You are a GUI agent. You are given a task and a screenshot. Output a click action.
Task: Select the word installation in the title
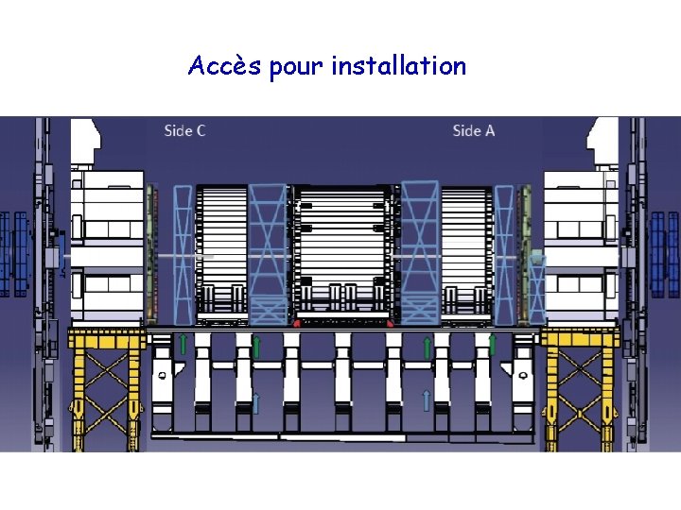tap(398, 66)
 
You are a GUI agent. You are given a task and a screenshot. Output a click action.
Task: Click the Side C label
tap(184, 130)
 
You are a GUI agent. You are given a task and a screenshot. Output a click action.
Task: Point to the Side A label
tap(473, 130)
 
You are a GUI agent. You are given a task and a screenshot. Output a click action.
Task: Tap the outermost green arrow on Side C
tap(183, 342)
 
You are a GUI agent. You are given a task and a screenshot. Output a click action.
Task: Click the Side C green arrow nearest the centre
tap(256, 347)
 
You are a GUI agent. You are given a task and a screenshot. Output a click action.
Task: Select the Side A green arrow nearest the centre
tap(427, 347)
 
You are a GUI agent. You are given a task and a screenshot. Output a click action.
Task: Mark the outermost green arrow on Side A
tap(492, 342)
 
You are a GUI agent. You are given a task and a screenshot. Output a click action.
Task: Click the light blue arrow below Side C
tap(256, 403)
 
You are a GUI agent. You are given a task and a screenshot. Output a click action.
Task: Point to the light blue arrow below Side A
tap(427, 399)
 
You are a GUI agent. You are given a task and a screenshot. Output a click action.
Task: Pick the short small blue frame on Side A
tap(537, 288)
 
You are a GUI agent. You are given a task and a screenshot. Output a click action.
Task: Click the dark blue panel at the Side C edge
tap(16, 253)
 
